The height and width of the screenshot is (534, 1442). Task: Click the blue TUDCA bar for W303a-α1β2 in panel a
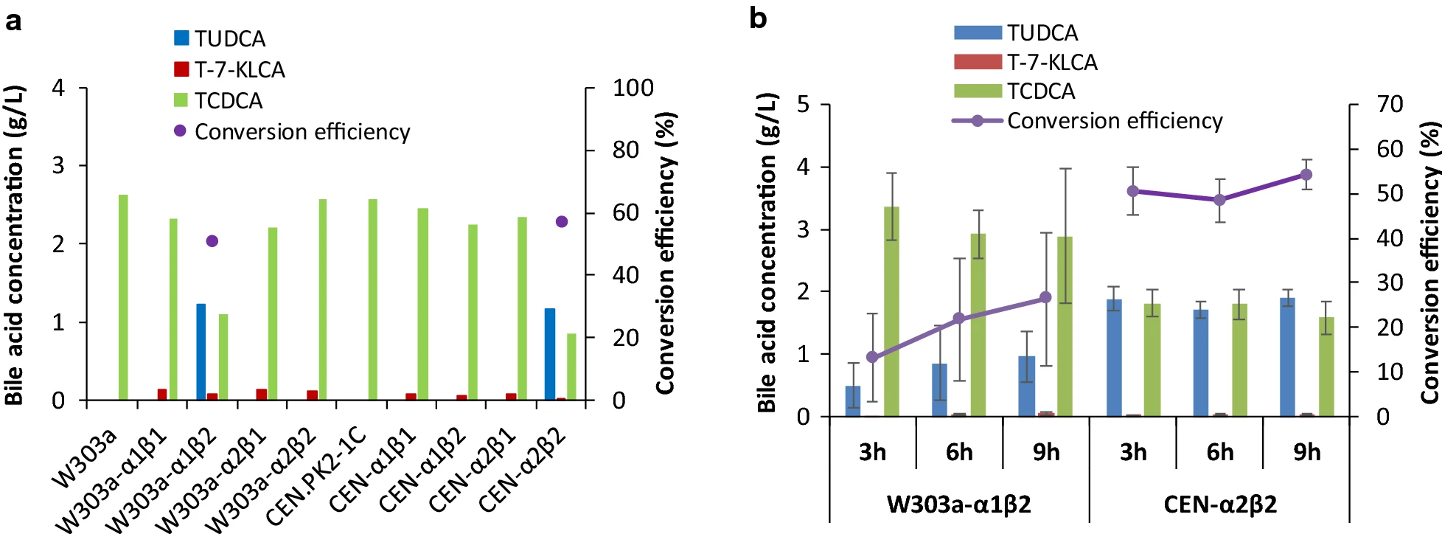coord(201,352)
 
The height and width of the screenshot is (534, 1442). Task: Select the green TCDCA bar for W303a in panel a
coord(123,297)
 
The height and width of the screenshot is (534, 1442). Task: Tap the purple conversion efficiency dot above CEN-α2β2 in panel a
coord(562,221)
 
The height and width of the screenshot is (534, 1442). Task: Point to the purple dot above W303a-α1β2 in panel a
coord(212,241)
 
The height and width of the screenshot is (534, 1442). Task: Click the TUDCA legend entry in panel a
coord(219,38)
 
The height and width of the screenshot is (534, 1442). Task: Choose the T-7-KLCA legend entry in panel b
coord(1025,63)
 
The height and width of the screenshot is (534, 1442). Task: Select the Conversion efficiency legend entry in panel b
coord(1087,121)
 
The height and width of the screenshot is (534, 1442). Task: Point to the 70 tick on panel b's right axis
coord(1389,104)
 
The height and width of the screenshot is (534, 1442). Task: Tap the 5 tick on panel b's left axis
coord(804,105)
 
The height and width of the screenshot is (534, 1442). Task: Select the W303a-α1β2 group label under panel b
coord(958,504)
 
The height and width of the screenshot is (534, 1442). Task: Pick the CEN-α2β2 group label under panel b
coord(1220,504)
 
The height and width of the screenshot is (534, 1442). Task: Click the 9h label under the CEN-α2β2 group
coord(1307,452)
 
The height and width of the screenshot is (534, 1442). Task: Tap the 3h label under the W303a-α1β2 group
coord(872,452)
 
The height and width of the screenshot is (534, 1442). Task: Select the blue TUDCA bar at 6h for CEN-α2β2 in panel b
coord(1201,363)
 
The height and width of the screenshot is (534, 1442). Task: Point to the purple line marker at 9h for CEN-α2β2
coord(1306,175)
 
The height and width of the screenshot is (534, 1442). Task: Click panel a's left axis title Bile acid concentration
coord(15,246)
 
